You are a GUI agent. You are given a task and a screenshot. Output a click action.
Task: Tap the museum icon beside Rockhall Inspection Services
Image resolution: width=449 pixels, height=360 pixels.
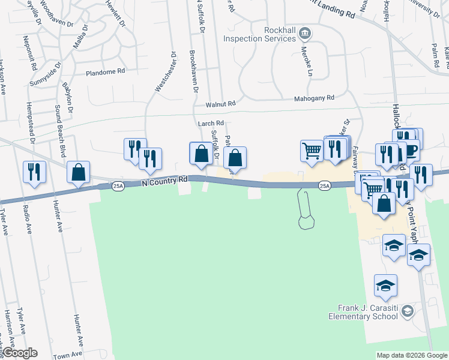point(306,33)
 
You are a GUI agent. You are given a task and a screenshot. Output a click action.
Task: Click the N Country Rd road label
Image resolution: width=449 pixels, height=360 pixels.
point(165,181)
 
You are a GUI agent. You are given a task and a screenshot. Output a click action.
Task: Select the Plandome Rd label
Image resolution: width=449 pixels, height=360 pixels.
point(105,71)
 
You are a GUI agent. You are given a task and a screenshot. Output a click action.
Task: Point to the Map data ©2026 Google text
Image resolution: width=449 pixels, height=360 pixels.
point(411,355)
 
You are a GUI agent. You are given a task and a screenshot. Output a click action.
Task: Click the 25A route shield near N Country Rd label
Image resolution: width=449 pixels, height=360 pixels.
point(118,187)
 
